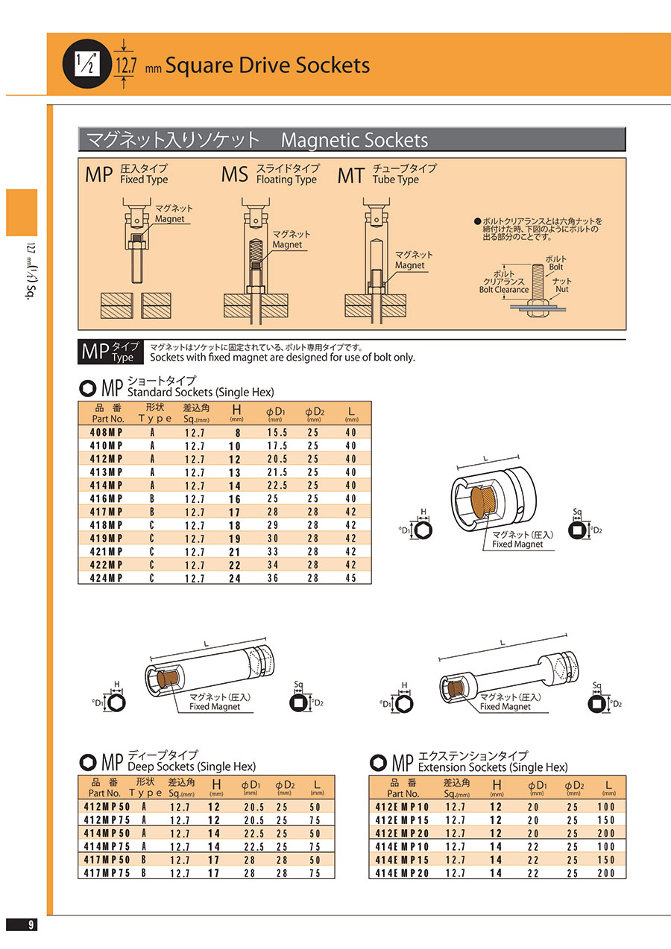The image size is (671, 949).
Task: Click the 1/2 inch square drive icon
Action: pyautogui.click(x=87, y=64)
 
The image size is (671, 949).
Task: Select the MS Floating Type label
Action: pyautogui.click(x=270, y=174)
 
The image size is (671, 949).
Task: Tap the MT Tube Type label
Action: pyautogui.click(x=387, y=174)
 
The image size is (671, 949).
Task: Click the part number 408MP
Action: pyautogui.click(x=106, y=433)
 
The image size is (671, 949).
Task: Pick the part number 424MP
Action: pyautogui.click(x=106, y=578)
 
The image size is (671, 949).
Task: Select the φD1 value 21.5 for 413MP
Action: pyautogui.click(x=277, y=472)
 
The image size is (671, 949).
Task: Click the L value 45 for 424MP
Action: pyautogui.click(x=350, y=578)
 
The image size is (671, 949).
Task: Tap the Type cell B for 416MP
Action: pyautogui.click(x=152, y=498)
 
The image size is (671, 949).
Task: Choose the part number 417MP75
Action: pyautogui.click(x=107, y=873)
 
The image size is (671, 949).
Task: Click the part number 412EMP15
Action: pyautogui.click(x=402, y=820)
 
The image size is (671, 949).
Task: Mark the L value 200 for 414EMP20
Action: pyautogui.click(x=606, y=873)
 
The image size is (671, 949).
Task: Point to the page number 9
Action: pyautogui.click(x=31, y=924)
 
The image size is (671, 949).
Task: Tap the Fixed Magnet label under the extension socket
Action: pyautogui.click(x=505, y=707)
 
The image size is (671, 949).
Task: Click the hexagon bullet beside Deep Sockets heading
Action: pyautogui.click(x=88, y=762)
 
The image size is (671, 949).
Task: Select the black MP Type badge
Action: pyautogui.click(x=110, y=352)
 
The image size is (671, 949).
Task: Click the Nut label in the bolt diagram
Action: pyautogui.click(x=562, y=289)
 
